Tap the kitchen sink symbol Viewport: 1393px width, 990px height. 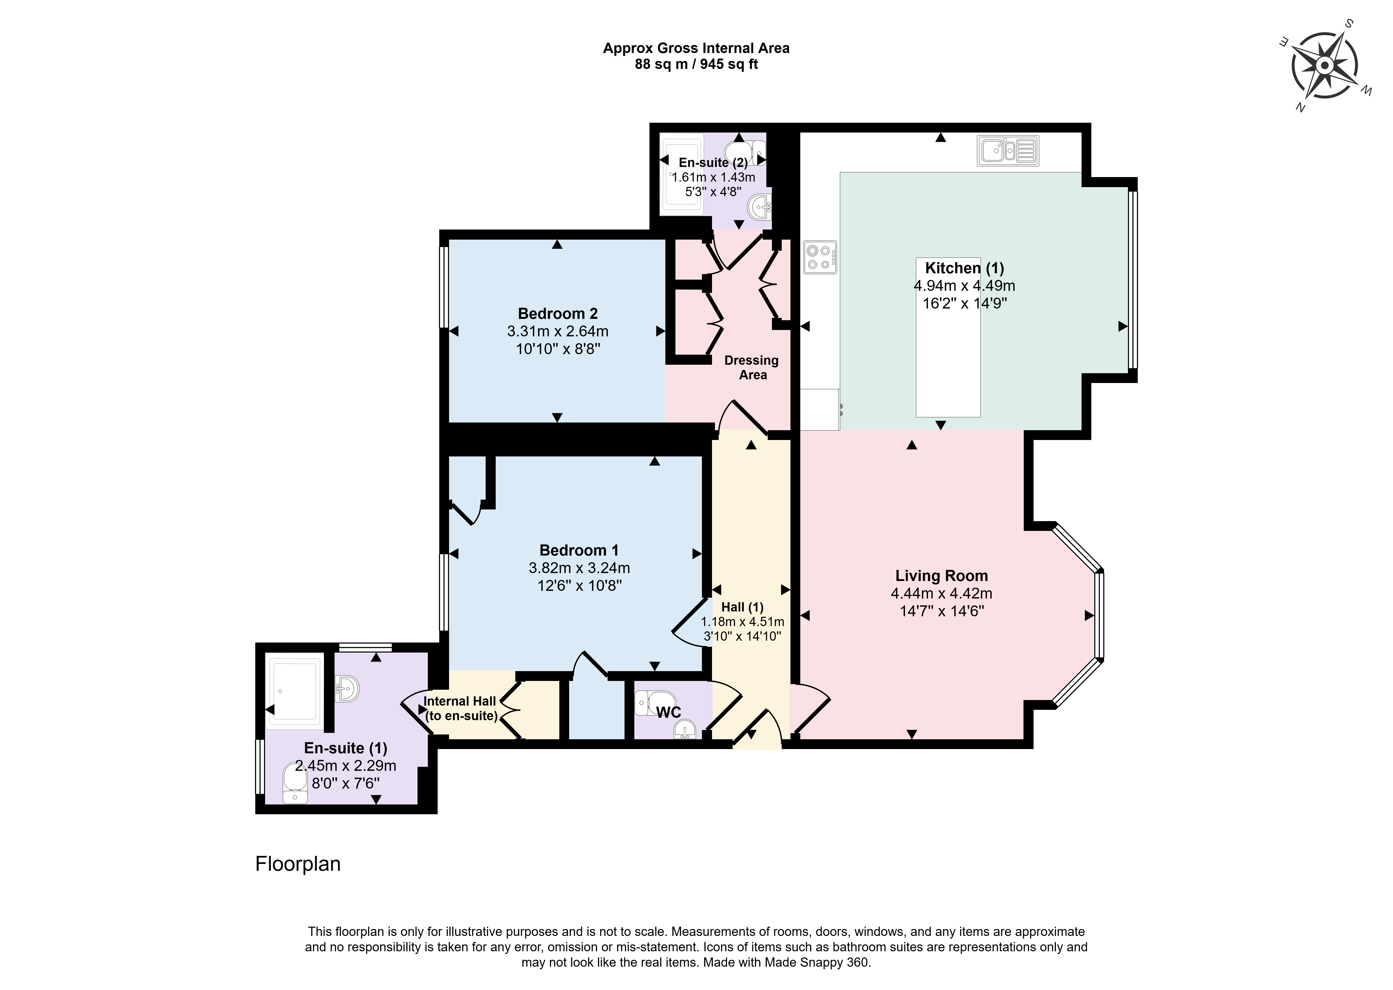(1008, 151)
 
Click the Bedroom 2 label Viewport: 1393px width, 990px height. (558, 313)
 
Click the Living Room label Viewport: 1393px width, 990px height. (941, 575)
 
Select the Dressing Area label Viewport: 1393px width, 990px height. (752, 368)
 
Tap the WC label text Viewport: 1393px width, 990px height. (669, 712)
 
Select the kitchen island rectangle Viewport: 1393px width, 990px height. (948, 337)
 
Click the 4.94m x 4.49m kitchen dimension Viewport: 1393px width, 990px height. (964, 285)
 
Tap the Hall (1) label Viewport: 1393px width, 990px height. (742, 607)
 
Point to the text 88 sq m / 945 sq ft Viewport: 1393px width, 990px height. (696, 64)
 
